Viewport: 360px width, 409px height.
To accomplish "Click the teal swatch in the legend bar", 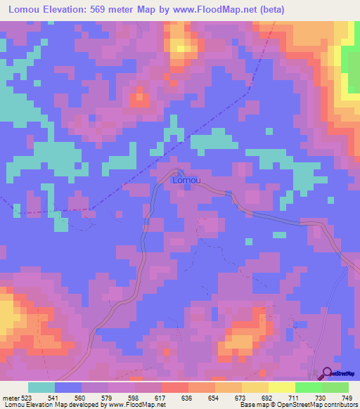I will pyautogui.click(x=41, y=387).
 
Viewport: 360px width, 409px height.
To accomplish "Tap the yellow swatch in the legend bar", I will pyautogui.click(x=281, y=387).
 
